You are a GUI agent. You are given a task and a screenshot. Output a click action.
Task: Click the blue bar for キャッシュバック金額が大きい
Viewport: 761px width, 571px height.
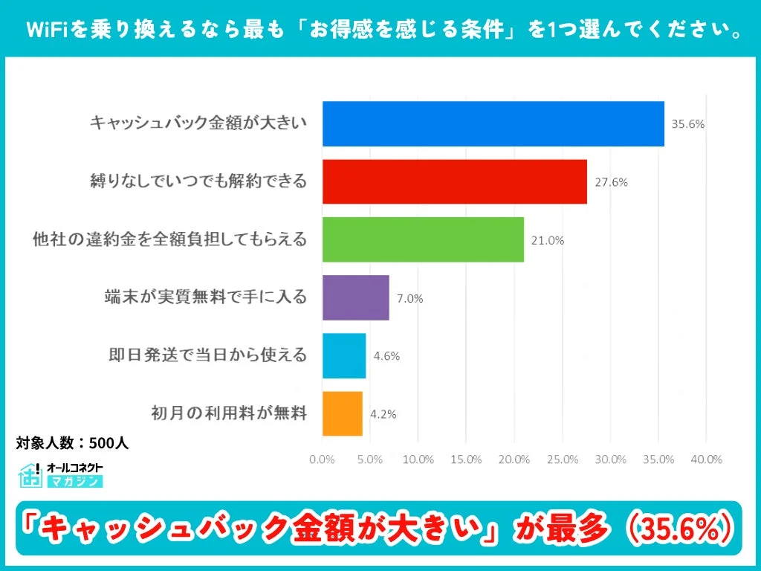(493, 123)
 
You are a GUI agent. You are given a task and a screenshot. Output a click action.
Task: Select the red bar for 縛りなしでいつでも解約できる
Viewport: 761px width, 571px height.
(454, 181)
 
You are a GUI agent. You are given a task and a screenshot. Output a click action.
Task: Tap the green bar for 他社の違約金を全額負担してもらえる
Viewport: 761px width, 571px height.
(423, 239)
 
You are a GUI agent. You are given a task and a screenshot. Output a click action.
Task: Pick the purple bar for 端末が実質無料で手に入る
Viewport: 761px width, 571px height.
(355, 297)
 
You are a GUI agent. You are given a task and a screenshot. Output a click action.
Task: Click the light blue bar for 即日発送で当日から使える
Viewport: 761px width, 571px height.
(344, 355)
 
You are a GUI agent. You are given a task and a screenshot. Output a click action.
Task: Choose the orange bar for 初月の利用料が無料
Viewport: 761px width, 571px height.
(343, 413)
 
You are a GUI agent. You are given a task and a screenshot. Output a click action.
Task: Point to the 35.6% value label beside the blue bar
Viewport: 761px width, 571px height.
(687, 124)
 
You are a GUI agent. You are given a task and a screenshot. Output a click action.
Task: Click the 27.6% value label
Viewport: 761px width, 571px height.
(611, 182)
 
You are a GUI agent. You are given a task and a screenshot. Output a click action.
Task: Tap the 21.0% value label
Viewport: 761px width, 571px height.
(548, 240)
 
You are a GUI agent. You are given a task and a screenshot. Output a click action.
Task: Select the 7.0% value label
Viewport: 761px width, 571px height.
(409, 298)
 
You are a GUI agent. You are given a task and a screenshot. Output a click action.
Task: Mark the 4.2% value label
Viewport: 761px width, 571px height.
(383, 414)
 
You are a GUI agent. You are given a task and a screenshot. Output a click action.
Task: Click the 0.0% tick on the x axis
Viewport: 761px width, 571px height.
(322, 459)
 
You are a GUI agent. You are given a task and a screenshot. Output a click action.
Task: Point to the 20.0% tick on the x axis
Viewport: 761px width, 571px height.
(514, 459)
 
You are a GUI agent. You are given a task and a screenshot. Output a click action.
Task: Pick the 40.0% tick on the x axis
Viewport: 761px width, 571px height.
(706, 459)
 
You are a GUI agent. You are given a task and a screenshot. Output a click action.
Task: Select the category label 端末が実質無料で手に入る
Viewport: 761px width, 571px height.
(206, 297)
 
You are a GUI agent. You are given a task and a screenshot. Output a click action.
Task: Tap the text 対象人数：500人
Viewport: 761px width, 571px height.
(73, 443)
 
